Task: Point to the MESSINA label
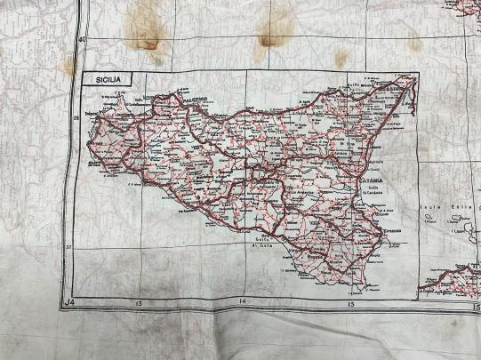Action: (387, 89)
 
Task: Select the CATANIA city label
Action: (371, 179)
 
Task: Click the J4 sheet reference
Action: (69, 304)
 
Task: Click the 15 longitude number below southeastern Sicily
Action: (349, 305)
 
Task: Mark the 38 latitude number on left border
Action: (76, 116)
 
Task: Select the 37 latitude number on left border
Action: (68, 246)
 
